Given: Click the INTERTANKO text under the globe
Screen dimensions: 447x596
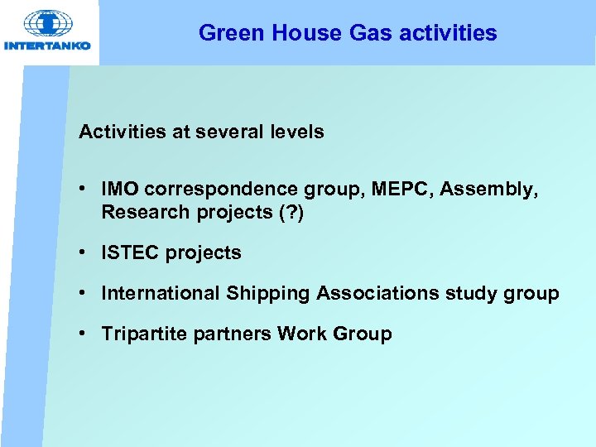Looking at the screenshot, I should (48, 46).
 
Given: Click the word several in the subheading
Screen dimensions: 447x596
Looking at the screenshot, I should (232, 132).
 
